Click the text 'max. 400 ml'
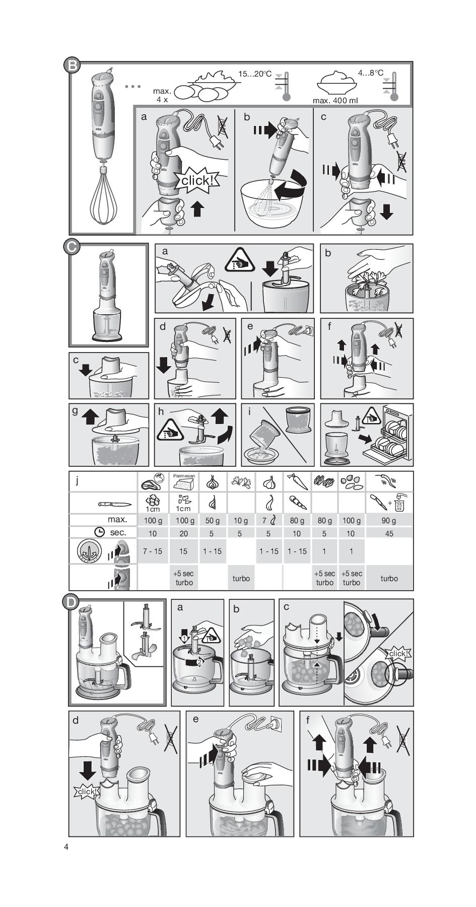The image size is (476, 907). tap(335, 100)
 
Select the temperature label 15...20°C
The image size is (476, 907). tap(255, 74)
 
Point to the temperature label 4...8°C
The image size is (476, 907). tap(371, 73)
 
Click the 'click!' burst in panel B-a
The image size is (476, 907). tap(199, 180)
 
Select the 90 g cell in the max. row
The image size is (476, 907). tap(389, 520)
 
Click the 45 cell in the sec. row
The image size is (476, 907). tap(389, 533)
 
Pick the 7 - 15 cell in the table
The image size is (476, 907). tap(152, 551)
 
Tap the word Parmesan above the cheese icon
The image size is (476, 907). tap(184, 475)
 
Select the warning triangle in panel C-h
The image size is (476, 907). tap(170, 430)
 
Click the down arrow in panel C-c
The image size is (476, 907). tap(85, 369)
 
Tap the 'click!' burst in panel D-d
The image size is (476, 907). tap(87, 792)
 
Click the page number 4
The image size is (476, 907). tap(66, 846)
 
